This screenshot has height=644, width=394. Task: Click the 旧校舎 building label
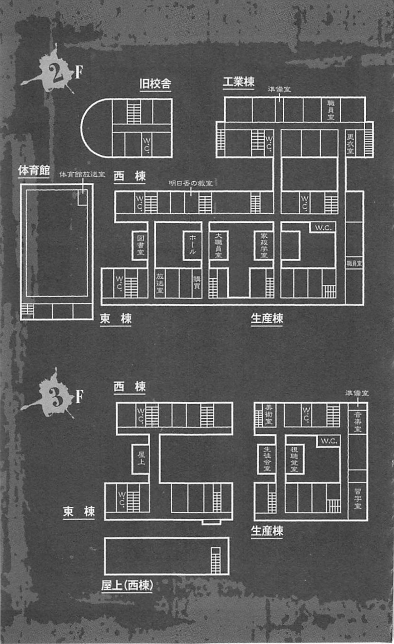[x=155, y=84]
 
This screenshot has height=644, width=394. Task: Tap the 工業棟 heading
[x=239, y=82]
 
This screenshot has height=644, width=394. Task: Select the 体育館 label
[x=34, y=170]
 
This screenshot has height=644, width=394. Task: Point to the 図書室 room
[x=140, y=245]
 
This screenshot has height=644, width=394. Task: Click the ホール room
[x=192, y=245]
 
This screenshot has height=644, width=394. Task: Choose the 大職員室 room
[x=218, y=245]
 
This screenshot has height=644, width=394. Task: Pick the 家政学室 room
[x=264, y=245]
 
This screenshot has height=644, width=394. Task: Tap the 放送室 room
[x=160, y=283]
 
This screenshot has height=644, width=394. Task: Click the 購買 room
[x=197, y=282]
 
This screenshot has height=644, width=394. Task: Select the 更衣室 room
[x=350, y=143]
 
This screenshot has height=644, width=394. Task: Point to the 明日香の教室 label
[x=191, y=183]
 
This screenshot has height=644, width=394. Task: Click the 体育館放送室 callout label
[x=82, y=174]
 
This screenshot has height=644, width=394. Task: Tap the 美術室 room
[x=268, y=415]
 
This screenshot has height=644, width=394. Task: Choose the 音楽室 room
[x=358, y=422]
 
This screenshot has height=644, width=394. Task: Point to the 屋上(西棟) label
[x=127, y=586]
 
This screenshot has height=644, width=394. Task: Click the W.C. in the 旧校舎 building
[x=147, y=145]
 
